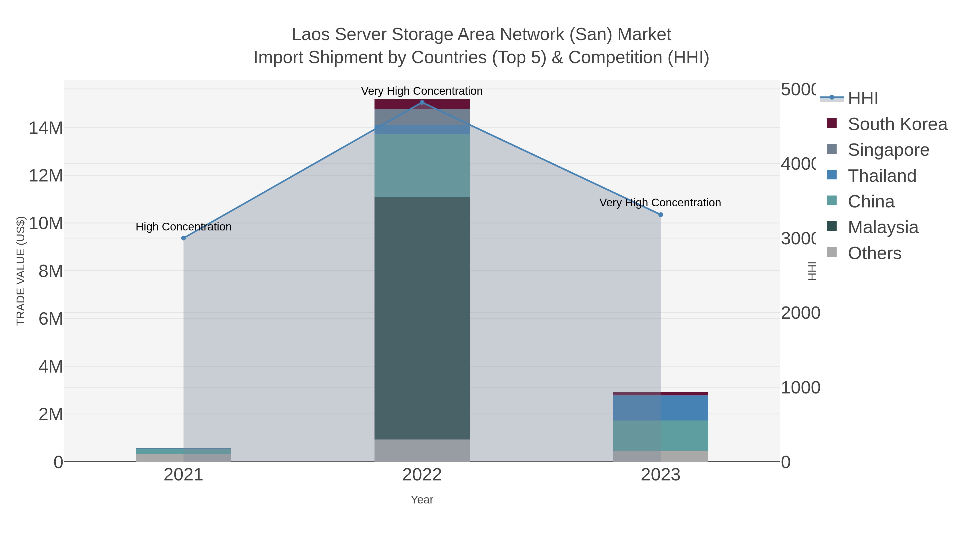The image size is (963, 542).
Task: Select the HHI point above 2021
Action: pos(184,238)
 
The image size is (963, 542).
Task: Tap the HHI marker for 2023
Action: pos(660,215)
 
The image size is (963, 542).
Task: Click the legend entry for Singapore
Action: pos(888,150)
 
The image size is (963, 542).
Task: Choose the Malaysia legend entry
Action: pos(883,228)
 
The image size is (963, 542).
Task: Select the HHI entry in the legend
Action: pos(863,98)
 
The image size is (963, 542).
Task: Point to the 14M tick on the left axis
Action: pos(45,128)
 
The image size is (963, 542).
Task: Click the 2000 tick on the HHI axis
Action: pos(800,313)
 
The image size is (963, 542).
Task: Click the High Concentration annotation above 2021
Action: pos(184,227)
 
